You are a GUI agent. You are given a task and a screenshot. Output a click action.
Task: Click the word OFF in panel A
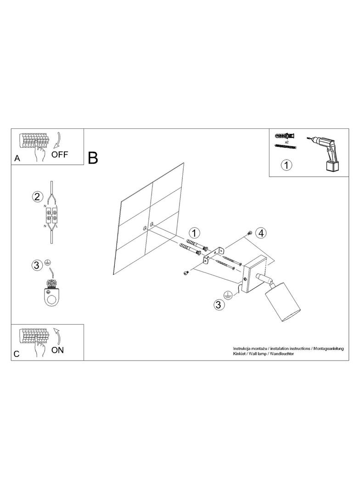tap(60, 154)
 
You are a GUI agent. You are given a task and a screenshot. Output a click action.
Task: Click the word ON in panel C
tap(57, 350)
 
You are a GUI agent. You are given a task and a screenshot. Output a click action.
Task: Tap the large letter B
tap(93, 158)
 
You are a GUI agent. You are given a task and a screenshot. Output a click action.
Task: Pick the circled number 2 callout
tap(37, 197)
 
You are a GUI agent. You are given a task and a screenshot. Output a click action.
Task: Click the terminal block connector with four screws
tap(51, 216)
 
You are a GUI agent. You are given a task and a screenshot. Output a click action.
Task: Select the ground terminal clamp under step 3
tap(51, 293)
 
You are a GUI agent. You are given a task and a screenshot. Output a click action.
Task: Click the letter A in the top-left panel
tap(17, 158)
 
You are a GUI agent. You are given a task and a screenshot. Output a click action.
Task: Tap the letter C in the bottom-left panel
tap(17, 354)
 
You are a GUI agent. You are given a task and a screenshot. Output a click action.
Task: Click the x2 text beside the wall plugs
tap(287, 142)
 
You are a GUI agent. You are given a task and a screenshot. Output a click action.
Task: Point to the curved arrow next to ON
tap(57, 335)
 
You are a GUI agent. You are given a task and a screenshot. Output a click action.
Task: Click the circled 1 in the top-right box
tap(287, 165)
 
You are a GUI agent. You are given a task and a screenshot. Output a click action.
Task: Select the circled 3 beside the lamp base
tap(219, 305)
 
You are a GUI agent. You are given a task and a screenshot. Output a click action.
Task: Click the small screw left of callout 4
tap(249, 233)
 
